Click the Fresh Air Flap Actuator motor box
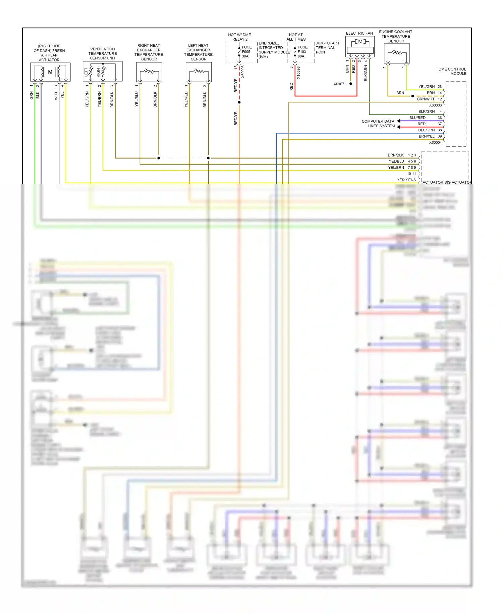(x=50, y=72)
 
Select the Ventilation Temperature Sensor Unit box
(x=103, y=71)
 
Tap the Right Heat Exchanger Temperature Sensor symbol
(x=149, y=72)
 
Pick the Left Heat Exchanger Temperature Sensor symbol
(x=199, y=72)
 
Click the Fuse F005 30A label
(x=246, y=52)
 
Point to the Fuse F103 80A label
(x=302, y=52)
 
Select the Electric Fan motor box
(x=360, y=47)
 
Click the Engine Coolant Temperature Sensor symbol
(x=397, y=53)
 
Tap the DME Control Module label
(x=452, y=71)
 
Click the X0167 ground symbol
(x=350, y=84)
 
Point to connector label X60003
(x=435, y=105)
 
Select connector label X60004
(x=435, y=142)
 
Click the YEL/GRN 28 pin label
(x=430, y=87)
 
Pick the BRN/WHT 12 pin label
(x=429, y=99)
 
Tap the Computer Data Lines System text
(x=378, y=124)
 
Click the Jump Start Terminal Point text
(x=327, y=48)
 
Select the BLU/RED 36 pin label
(x=425, y=118)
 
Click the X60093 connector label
(x=243, y=72)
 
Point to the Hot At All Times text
(x=296, y=37)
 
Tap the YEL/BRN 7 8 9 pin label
(x=402, y=167)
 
